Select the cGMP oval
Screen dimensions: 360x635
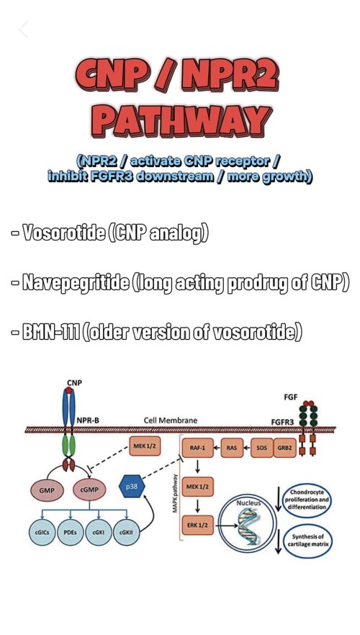(x=89, y=490)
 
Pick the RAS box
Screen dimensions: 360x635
(x=232, y=448)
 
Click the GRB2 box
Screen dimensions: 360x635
(x=284, y=448)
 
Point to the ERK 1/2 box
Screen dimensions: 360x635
(x=198, y=525)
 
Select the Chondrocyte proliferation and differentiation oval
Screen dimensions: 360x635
(x=307, y=500)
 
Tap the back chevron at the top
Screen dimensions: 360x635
(x=23, y=29)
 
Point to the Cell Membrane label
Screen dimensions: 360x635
(x=171, y=420)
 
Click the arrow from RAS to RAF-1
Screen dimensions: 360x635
(x=217, y=448)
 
